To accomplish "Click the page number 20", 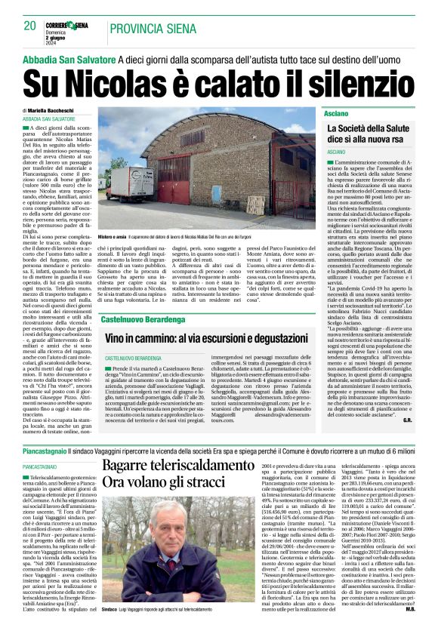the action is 29,26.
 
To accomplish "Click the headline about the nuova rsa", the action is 372,135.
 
